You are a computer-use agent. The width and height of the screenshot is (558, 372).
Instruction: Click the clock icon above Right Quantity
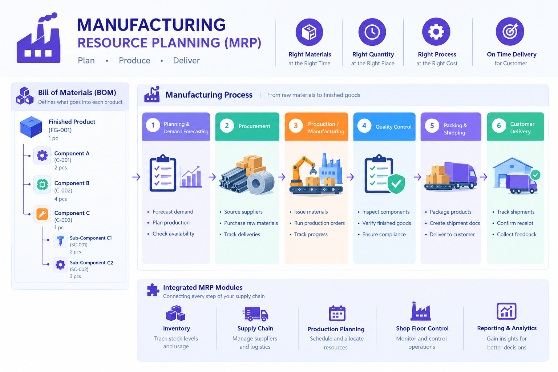point(372,32)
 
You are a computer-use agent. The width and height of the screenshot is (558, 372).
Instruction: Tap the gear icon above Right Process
point(436,32)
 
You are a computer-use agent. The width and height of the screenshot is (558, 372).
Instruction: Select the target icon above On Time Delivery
point(510,31)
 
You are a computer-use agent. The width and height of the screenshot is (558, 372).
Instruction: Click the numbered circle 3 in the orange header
point(296,126)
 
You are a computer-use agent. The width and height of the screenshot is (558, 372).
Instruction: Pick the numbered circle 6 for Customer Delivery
point(499,126)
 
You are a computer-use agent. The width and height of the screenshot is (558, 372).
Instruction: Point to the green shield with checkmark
point(396,183)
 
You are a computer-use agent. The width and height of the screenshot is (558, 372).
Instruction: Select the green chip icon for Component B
point(42,185)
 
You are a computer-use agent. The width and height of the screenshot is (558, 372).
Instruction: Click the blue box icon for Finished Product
point(31,127)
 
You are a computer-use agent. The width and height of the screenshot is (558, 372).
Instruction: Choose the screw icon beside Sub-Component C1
point(60,240)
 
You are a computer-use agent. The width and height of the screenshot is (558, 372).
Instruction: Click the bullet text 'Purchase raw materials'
point(251,223)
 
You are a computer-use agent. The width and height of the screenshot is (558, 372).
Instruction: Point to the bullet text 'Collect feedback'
point(517,234)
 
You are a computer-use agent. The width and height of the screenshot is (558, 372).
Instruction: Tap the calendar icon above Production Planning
point(337,313)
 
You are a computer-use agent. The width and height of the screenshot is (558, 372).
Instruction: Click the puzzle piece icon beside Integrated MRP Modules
point(153,290)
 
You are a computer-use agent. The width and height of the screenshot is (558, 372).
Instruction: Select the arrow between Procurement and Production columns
point(282,177)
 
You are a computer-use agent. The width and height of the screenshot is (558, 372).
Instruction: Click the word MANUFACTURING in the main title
point(151,25)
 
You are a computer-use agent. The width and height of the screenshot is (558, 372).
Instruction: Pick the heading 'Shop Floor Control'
point(422,328)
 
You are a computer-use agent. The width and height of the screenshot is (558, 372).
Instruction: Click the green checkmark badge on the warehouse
point(535,175)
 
